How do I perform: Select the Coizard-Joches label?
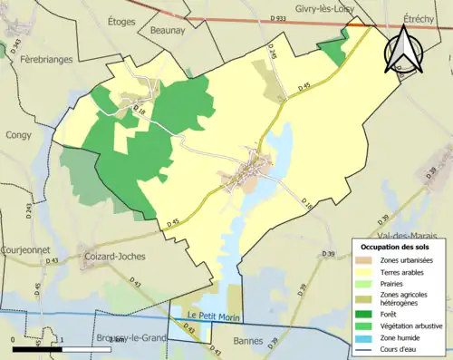(113, 257)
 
